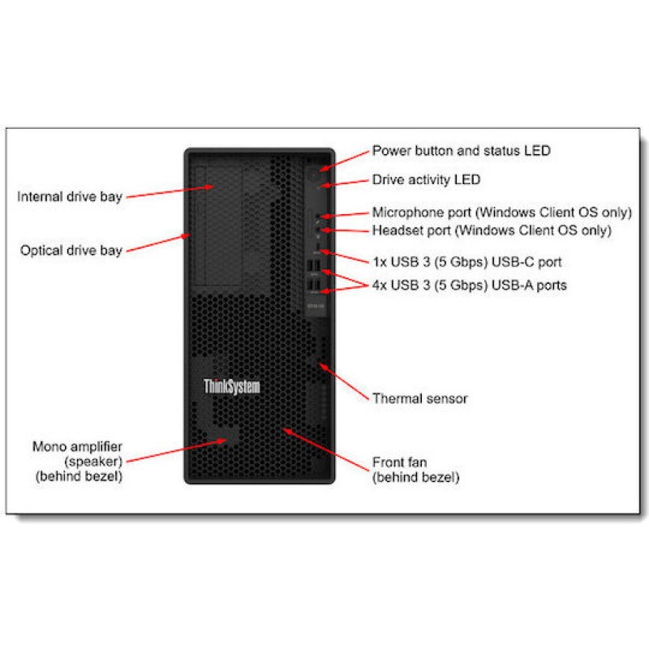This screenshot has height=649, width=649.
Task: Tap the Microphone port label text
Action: (501, 213)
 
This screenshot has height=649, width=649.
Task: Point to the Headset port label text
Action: (492, 230)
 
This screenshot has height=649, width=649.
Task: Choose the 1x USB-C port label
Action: (466, 262)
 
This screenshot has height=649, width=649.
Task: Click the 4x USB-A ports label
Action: (469, 285)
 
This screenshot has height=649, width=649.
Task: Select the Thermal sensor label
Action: (419, 398)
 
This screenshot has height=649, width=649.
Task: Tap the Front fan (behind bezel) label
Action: (415, 470)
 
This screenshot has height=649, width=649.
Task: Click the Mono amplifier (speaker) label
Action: (78, 461)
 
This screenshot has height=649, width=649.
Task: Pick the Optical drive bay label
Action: (71, 250)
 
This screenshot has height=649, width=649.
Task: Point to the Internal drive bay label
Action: (70, 196)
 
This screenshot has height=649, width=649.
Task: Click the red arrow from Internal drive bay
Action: (170, 191)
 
